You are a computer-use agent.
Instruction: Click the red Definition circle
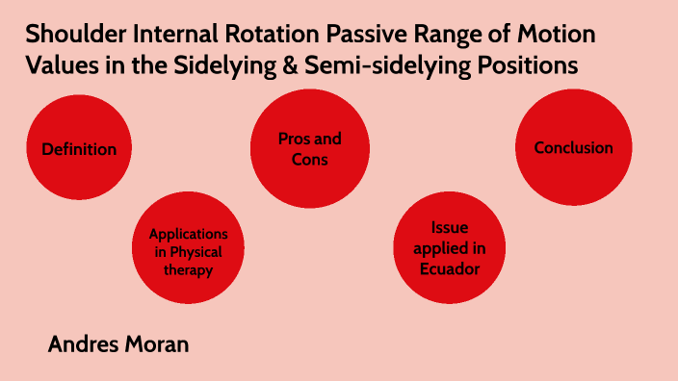pyautogui.click(x=79, y=149)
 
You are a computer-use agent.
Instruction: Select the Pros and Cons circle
pyautogui.click(x=309, y=149)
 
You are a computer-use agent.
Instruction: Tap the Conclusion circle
pyautogui.click(x=574, y=148)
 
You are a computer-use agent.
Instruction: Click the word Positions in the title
pyautogui.click(x=535, y=65)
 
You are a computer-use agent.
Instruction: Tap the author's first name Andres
pyautogui.click(x=82, y=343)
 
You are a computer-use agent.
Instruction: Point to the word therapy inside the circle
pyautogui.click(x=188, y=270)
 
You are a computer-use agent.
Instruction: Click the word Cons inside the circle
pyautogui.click(x=309, y=159)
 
